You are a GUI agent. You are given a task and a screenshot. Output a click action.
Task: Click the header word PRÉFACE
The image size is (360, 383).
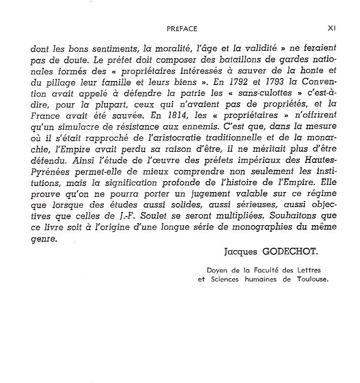(182, 29)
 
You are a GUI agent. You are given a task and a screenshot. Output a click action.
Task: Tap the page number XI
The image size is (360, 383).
(330, 29)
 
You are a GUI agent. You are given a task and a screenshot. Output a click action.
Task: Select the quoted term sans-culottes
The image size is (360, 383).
(265, 93)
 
